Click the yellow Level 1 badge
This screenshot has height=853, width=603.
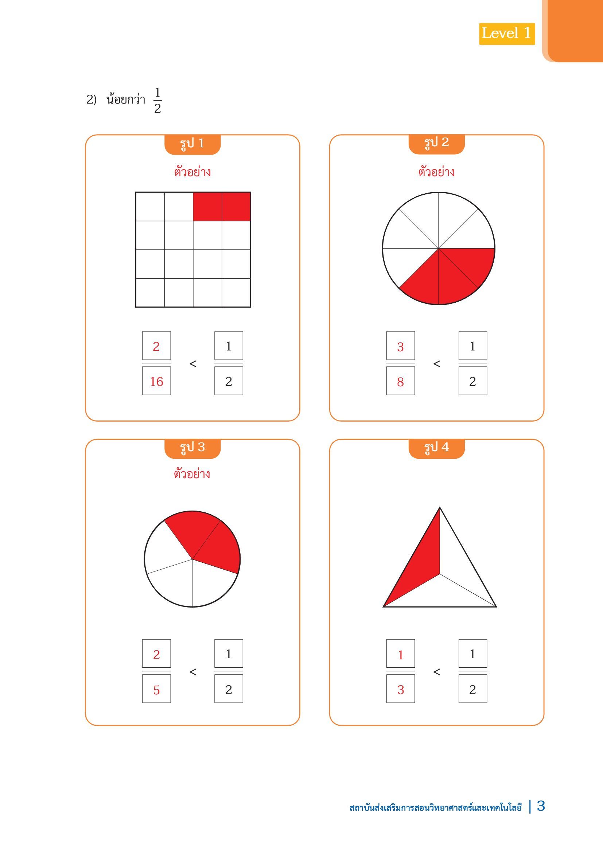pyautogui.click(x=507, y=34)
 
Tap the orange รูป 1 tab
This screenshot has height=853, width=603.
pyautogui.click(x=192, y=144)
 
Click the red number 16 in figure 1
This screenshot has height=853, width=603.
pyautogui.click(x=156, y=381)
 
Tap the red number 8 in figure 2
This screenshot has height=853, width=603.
pyautogui.click(x=400, y=381)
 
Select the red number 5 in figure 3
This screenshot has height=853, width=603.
pyautogui.click(x=156, y=690)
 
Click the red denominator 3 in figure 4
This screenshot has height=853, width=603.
pyautogui.click(x=400, y=690)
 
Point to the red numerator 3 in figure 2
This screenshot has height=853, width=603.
pyautogui.click(x=400, y=346)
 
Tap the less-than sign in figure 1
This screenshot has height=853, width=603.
pyautogui.click(x=193, y=364)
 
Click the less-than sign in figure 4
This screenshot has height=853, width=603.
pyautogui.click(x=437, y=672)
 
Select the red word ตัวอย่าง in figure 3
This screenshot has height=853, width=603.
pyautogui.click(x=192, y=474)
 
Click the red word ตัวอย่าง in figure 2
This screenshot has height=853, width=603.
pyautogui.click(x=436, y=172)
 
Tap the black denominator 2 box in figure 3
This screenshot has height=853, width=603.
pyautogui.click(x=229, y=689)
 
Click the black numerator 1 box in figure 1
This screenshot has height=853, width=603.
pyautogui.click(x=229, y=345)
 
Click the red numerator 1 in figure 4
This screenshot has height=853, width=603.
pyautogui.click(x=400, y=655)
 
